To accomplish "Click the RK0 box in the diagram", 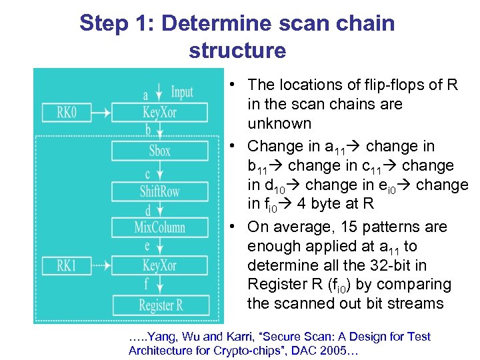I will [66, 112].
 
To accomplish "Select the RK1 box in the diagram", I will [66, 266].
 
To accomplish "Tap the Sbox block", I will [159, 151].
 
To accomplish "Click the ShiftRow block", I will [159, 191].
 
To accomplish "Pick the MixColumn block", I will [159, 227].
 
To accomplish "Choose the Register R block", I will [160, 306].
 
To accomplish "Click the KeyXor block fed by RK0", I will [159, 112].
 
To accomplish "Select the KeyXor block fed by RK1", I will [159, 266].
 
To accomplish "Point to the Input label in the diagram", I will [182, 91].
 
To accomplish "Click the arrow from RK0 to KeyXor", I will [101, 112].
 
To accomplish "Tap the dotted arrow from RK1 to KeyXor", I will [101, 266].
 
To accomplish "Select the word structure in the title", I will [237, 51].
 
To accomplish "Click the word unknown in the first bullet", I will [279, 123].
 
